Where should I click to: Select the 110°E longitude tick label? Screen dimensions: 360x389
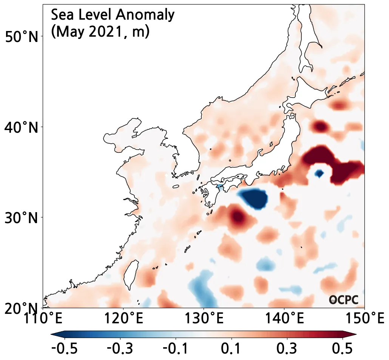click(43, 319)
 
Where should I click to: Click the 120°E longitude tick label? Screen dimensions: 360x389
click(123, 319)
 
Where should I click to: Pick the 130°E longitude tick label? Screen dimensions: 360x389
click(204, 319)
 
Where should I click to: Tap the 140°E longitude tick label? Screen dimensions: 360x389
click(284, 319)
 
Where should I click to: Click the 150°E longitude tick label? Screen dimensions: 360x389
click(364, 319)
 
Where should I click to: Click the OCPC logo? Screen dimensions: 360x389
click(343, 300)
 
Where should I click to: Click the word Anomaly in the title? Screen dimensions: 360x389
click(145, 15)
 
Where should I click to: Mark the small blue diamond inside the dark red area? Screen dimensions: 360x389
click(320, 174)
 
